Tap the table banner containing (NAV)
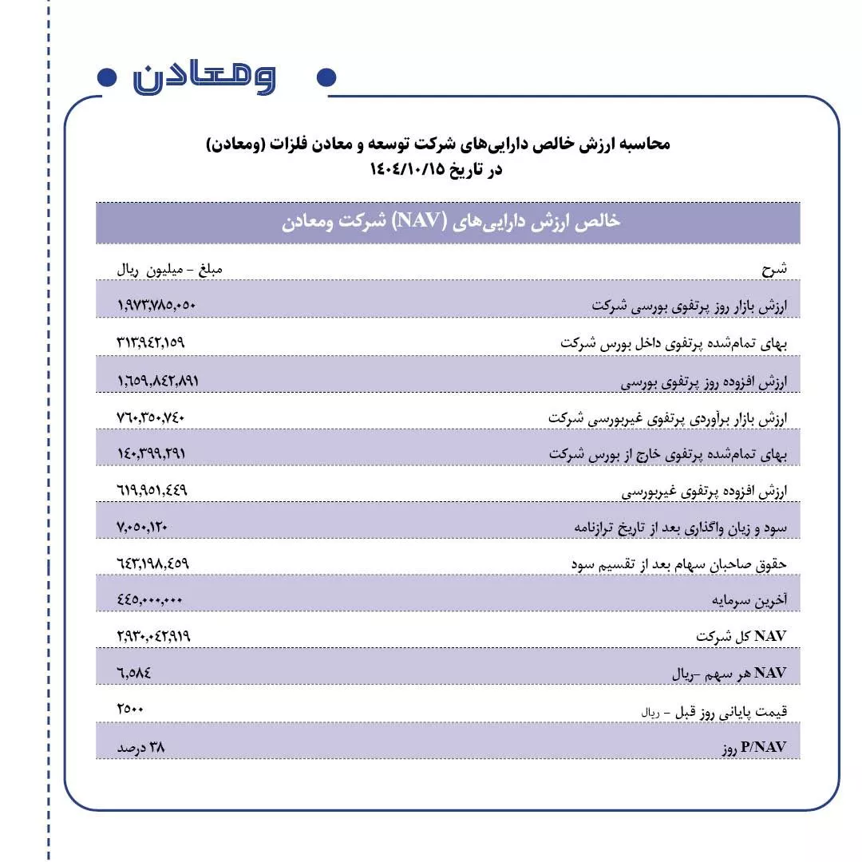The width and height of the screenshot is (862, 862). point(448,223)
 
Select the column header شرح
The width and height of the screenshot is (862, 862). point(774,269)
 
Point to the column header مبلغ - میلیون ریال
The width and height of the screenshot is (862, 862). point(170,269)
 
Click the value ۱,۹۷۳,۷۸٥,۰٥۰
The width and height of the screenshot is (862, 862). point(156,305)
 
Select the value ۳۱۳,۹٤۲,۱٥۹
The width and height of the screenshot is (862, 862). point(151,342)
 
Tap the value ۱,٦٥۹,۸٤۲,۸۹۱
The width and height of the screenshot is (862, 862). point(157,380)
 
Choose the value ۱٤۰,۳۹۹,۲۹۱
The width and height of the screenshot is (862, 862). point(151,453)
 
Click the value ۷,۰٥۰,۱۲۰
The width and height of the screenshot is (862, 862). point(142,527)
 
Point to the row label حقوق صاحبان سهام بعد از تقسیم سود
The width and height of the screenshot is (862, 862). point(679,564)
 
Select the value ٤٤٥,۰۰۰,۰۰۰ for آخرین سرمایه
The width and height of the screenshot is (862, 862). point(150,600)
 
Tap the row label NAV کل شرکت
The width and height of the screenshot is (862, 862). point(741,637)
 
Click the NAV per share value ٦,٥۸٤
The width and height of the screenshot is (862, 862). point(134,674)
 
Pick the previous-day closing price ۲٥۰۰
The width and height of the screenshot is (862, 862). point(130,710)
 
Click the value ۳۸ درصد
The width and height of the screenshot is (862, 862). point(140,747)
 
